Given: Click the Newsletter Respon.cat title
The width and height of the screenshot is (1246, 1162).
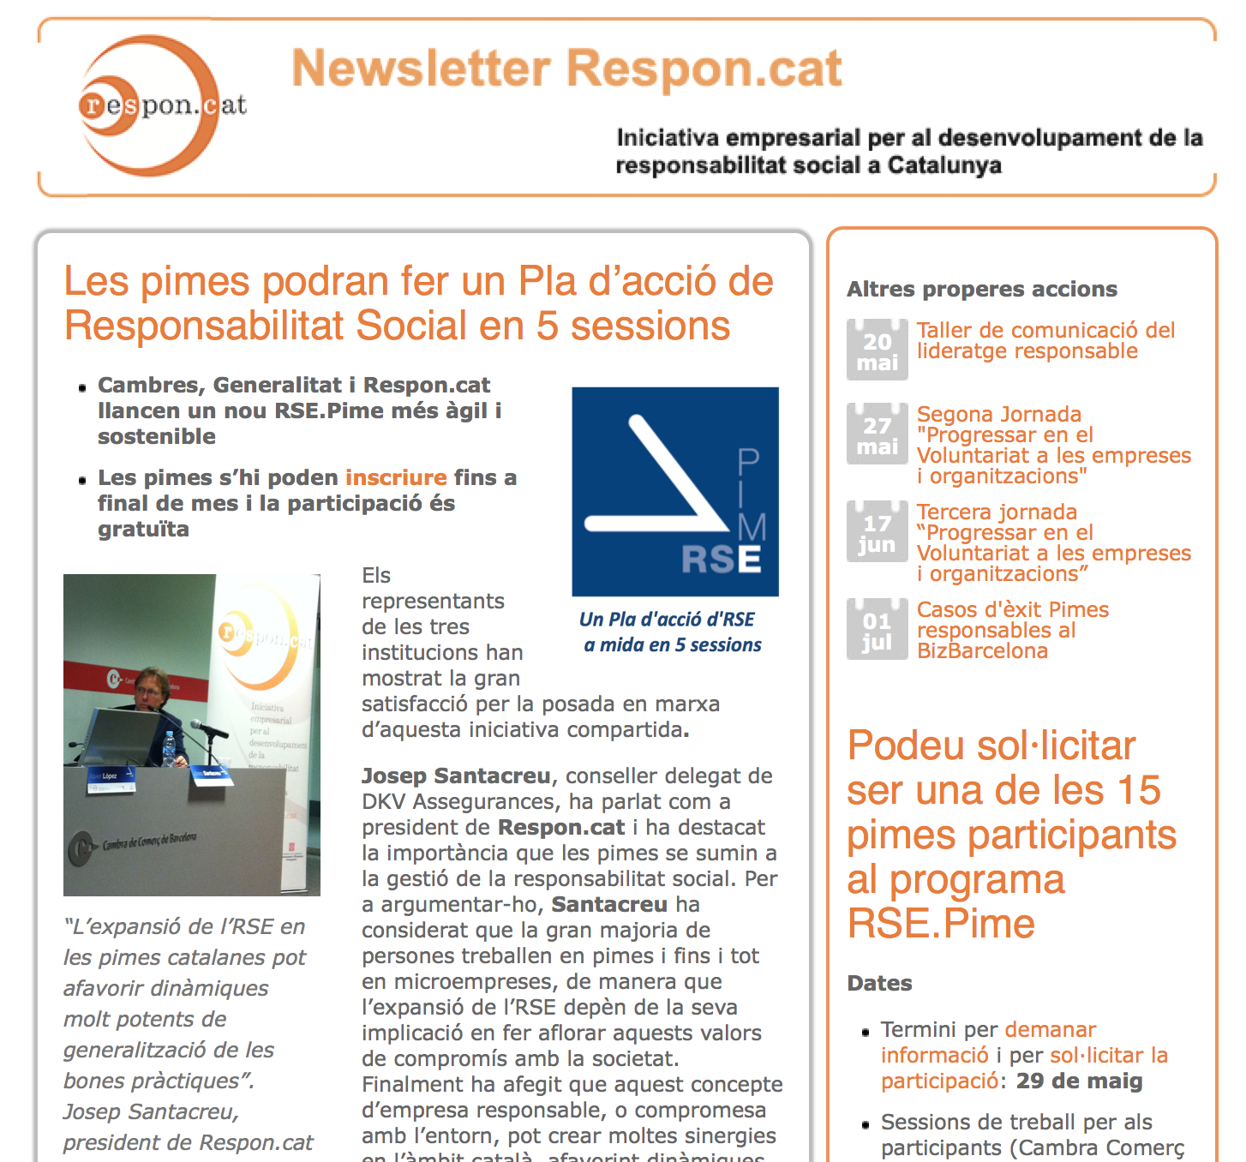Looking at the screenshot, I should tap(566, 69).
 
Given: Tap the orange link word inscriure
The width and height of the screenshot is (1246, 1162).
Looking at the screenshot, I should tap(396, 477).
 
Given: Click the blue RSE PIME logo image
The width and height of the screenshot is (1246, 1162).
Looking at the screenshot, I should tap(675, 491).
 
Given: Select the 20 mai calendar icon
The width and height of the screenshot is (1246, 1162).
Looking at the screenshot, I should tap(877, 350).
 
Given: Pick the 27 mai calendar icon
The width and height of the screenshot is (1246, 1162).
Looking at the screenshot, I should tap(877, 434).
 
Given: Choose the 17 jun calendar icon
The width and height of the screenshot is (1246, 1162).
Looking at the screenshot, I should tap(877, 531).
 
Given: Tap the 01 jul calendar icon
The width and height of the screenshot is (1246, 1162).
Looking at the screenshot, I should tap(877, 629).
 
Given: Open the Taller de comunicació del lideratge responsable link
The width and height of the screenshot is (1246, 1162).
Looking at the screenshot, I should tap(1045, 340).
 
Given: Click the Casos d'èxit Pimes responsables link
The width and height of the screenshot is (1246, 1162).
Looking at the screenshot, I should tap(1012, 630).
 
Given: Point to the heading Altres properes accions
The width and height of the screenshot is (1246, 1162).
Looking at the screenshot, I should tap(982, 289).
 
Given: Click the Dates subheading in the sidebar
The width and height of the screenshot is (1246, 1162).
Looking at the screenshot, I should tap(879, 983).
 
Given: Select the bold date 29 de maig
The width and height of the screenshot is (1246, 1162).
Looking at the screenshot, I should tap(1079, 1081).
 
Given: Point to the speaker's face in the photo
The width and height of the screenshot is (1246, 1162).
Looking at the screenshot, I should tap(151, 686).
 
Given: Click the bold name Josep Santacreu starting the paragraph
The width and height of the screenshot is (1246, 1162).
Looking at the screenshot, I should tap(456, 776).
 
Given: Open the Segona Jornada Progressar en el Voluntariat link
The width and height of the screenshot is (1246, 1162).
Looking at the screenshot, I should tap(1053, 445).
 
